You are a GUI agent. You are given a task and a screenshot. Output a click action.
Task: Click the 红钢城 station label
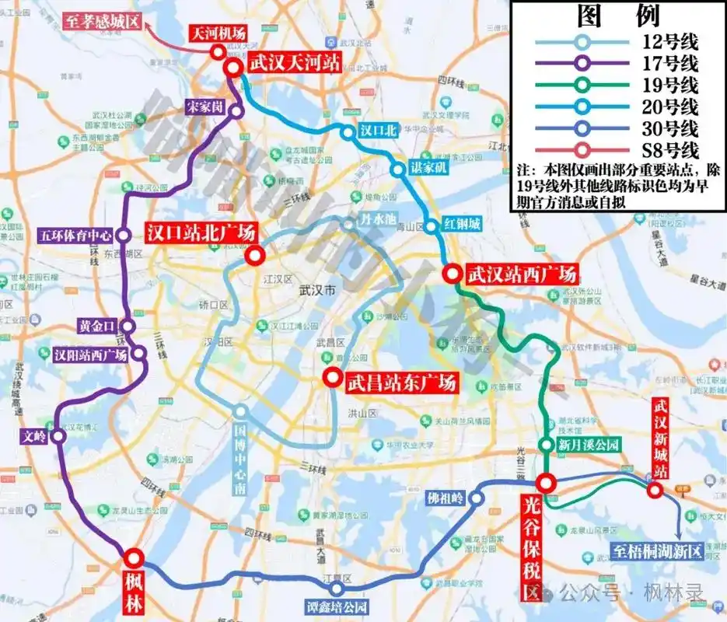(x=463, y=226)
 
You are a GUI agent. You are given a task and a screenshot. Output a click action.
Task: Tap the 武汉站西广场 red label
(x=520, y=274)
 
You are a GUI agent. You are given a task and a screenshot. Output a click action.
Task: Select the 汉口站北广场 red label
(x=201, y=232)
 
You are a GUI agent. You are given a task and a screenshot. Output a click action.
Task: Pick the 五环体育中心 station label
(x=75, y=234)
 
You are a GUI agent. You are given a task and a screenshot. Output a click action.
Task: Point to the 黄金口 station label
(x=97, y=326)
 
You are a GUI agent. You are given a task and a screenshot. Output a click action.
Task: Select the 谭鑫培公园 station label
(x=336, y=607)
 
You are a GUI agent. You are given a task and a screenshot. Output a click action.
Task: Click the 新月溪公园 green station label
(x=589, y=445)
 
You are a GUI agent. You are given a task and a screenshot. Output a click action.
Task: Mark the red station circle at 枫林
(x=133, y=557)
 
